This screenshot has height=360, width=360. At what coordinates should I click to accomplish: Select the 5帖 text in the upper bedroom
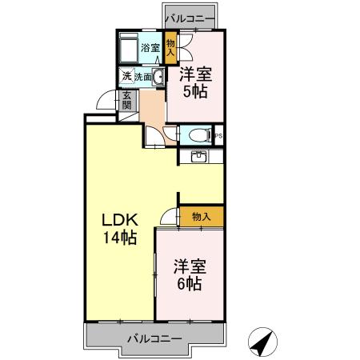(x=194, y=92)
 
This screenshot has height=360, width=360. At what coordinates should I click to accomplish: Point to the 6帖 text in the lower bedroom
(x=189, y=283)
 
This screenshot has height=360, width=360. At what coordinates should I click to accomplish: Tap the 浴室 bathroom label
(x=150, y=48)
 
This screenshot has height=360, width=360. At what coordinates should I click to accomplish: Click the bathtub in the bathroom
(x=129, y=50)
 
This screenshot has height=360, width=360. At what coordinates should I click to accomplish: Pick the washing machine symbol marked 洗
(x=126, y=77)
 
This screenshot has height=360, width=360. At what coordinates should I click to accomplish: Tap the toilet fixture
(x=194, y=135)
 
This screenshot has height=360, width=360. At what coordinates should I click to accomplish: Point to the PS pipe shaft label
(x=218, y=136)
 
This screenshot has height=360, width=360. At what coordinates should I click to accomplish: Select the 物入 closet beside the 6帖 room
(x=201, y=216)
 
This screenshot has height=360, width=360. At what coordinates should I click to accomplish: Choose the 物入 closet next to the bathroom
(x=171, y=48)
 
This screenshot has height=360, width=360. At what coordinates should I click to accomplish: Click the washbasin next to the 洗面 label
(x=158, y=78)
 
